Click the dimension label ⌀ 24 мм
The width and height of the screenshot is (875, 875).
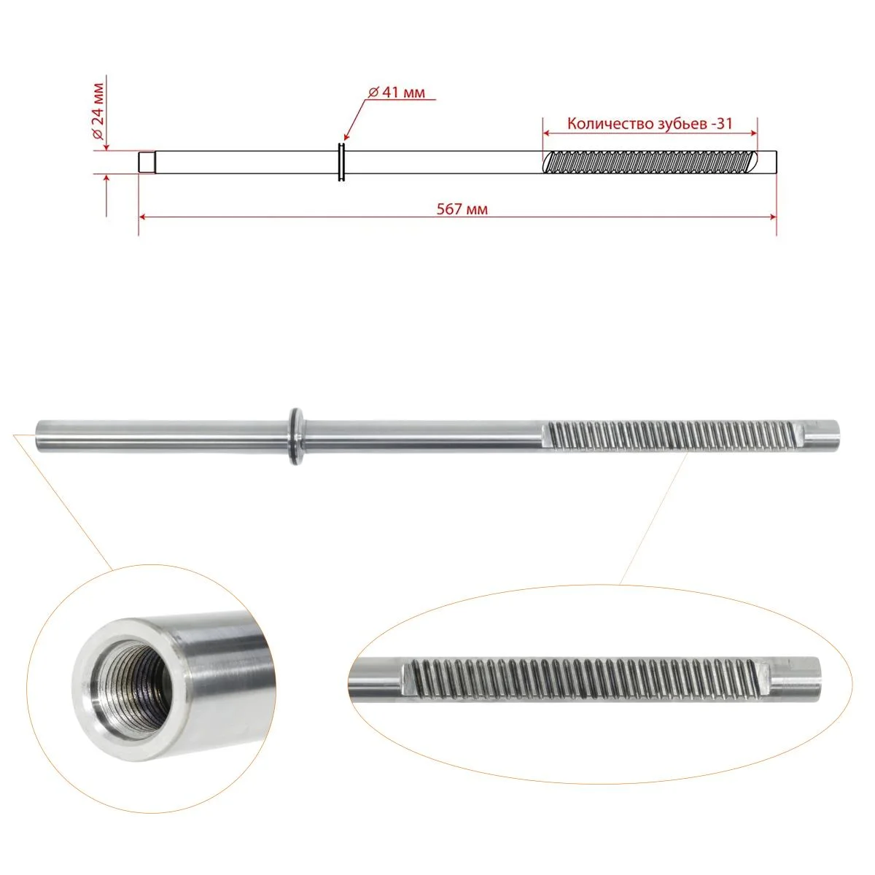98,112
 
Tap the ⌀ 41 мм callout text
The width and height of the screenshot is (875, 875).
397,93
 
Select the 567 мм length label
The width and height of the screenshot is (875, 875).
462,209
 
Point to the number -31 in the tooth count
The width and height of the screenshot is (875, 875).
721,123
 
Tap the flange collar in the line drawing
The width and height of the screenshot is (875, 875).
342,162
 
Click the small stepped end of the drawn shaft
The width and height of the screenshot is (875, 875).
147,162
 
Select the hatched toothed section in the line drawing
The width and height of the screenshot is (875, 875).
650,162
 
